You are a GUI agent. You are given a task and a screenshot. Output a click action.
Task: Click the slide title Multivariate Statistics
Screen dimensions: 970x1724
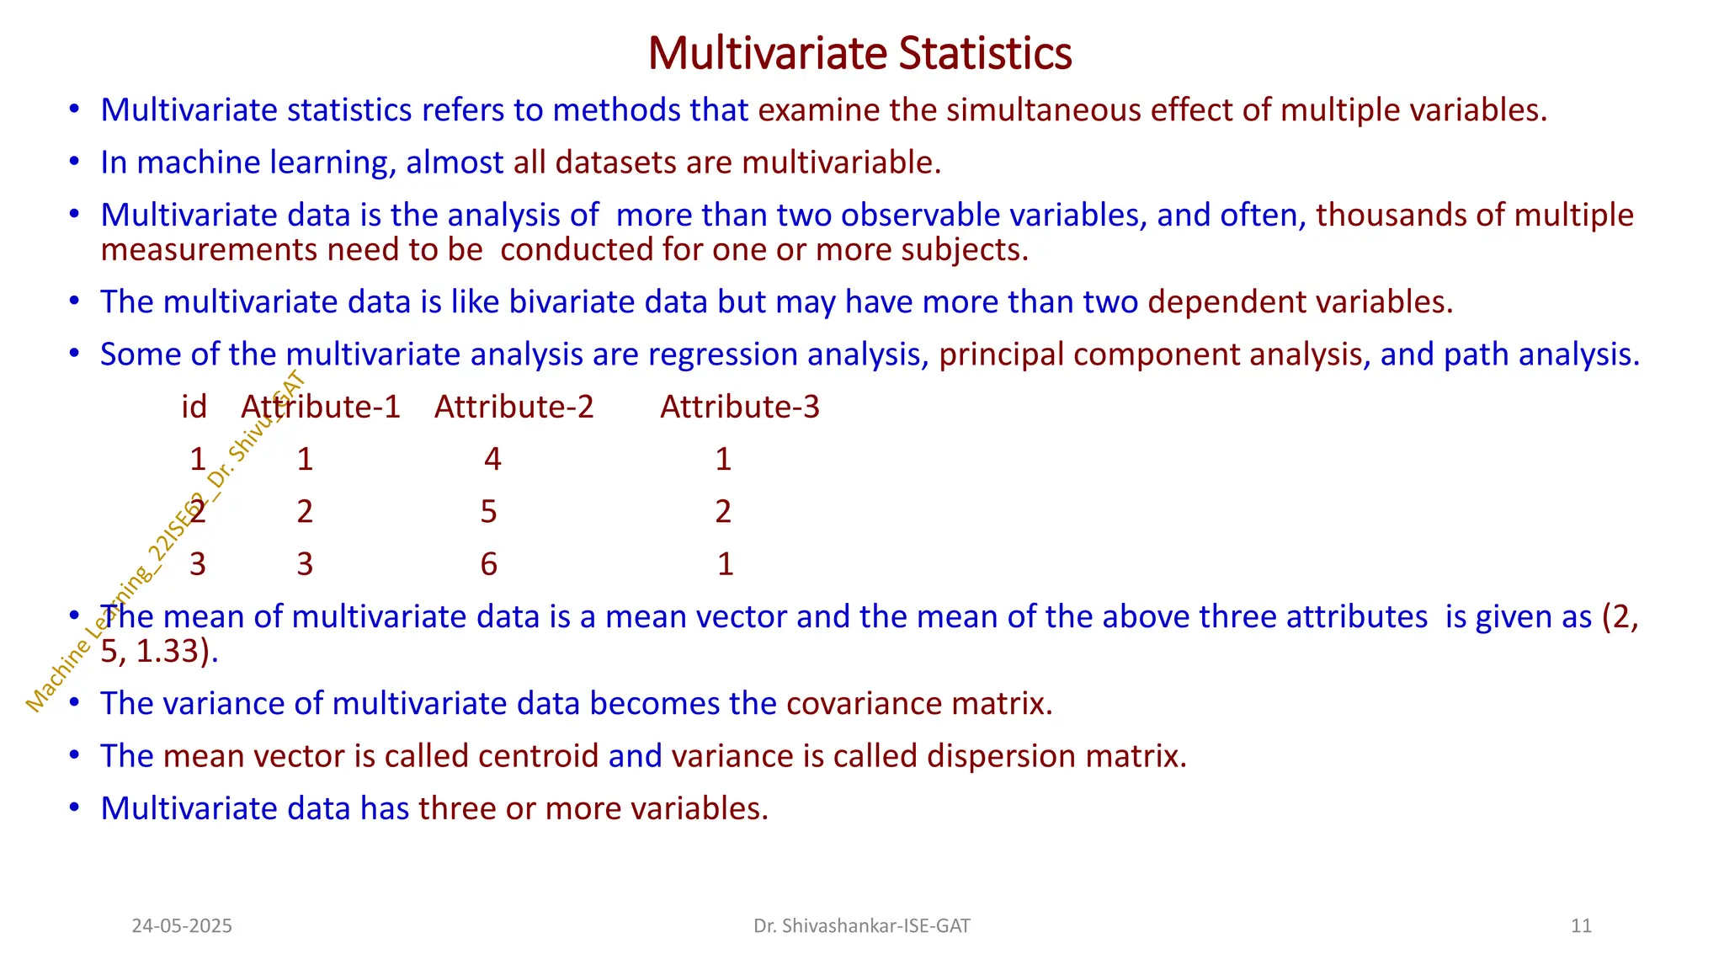tap(859, 53)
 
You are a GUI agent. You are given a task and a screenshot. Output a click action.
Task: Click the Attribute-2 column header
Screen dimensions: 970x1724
tap(513, 407)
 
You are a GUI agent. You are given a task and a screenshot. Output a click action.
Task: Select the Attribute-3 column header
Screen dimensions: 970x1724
tap(739, 407)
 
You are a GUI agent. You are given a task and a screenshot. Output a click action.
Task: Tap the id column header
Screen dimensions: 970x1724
tap(194, 407)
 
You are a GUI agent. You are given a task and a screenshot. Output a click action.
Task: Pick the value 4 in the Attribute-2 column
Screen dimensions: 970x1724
tap(492, 459)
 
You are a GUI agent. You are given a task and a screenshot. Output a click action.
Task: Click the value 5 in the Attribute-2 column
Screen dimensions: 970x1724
tap(489, 511)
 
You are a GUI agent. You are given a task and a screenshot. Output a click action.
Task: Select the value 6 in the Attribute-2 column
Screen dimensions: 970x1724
tap(489, 563)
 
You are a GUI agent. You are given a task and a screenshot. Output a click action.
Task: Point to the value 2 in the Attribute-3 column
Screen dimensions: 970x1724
tap(723, 511)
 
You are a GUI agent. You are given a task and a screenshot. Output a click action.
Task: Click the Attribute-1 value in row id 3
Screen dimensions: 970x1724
tap(305, 563)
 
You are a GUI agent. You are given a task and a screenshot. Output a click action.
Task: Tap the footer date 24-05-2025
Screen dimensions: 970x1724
tap(182, 926)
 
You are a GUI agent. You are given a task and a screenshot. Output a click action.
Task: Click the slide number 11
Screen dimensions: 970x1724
tap(1581, 926)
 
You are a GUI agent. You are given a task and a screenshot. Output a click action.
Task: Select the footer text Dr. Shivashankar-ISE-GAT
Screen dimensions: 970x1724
tap(861, 926)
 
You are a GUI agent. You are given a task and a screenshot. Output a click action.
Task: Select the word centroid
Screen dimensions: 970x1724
tap(539, 756)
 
